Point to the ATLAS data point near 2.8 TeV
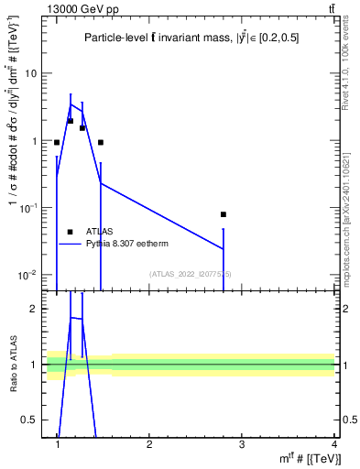[224, 214]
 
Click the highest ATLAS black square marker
[70, 121]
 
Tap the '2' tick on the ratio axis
[35, 310]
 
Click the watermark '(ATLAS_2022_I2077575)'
[191, 274]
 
